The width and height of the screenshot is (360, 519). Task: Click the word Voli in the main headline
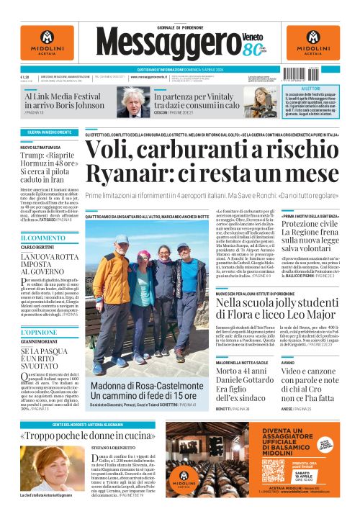point(108,150)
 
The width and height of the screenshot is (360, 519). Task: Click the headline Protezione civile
point(309,225)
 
